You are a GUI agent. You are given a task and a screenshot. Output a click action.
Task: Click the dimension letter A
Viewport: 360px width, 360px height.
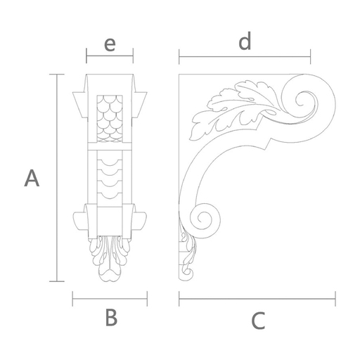(32, 179)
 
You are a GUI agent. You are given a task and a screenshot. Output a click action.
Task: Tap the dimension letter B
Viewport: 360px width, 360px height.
(111, 318)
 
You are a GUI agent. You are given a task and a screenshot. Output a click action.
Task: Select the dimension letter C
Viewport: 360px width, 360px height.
(258, 321)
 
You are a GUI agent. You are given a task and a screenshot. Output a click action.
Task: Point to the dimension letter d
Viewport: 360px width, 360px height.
(245, 41)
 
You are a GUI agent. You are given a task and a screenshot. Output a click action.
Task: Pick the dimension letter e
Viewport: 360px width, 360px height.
(110, 44)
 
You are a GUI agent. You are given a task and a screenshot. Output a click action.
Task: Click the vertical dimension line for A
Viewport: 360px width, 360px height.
(57, 178)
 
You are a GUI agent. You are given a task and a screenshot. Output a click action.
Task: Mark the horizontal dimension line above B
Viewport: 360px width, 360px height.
(110, 299)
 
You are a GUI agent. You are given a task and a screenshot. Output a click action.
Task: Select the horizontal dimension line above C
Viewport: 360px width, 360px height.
(257, 299)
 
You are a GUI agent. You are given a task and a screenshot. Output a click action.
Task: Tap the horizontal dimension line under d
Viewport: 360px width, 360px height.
(245, 57)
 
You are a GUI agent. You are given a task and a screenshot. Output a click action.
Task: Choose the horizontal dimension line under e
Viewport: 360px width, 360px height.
(110, 56)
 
